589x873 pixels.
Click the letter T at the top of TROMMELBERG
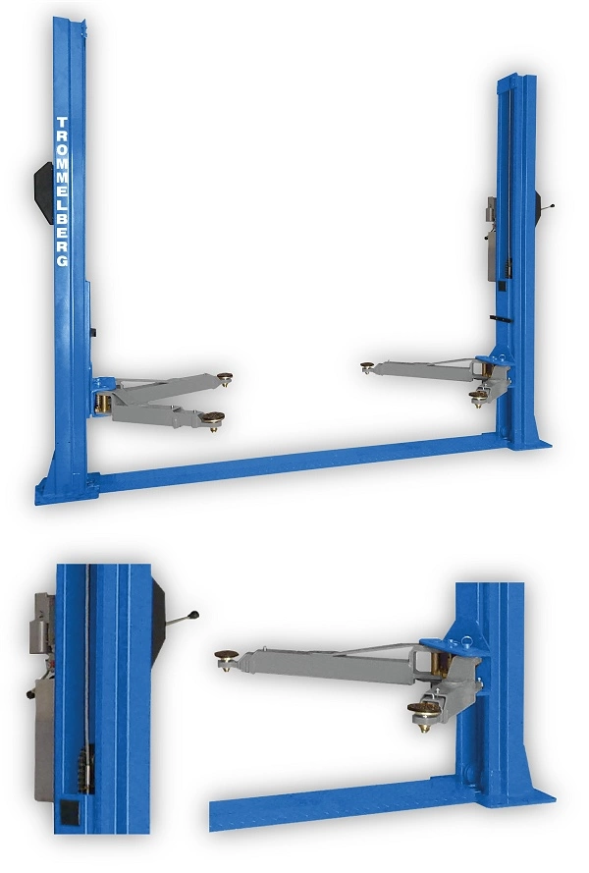click(x=62, y=123)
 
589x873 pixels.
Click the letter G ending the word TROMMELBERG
click(x=63, y=260)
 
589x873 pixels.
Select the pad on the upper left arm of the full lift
click(x=225, y=378)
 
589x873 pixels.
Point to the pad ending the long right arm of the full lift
click(x=367, y=366)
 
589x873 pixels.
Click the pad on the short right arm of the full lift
click(x=478, y=397)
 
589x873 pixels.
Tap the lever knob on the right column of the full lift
click(x=552, y=206)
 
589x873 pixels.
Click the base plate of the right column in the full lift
click(x=529, y=443)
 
